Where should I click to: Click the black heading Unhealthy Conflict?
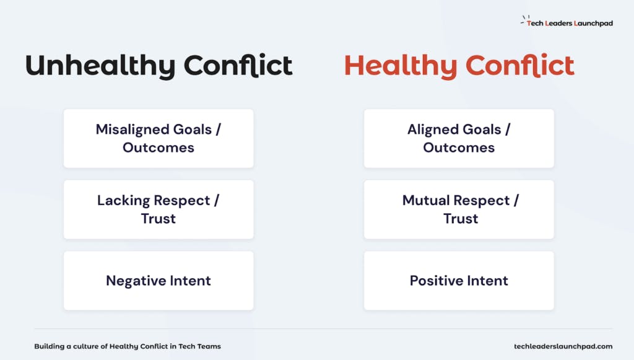[x=159, y=66]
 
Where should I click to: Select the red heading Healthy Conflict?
[x=459, y=66]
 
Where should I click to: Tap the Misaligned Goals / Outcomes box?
[x=158, y=138]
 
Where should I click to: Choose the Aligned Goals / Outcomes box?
[x=459, y=138]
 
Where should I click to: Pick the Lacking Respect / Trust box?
[x=158, y=209]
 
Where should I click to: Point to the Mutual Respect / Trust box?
[x=459, y=209]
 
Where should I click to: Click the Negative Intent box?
[x=158, y=281]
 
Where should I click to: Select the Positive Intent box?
[x=459, y=281]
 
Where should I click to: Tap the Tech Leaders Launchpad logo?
[x=567, y=22]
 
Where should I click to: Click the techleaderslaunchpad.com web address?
[x=563, y=346]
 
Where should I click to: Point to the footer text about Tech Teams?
[x=128, y=346]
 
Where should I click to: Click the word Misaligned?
[x=132, y=130]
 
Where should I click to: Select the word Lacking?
[x=123, y=201]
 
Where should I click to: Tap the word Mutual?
[x=425, y=200]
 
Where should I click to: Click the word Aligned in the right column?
[x=433, y=130]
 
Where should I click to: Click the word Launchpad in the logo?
[x=594, y=24]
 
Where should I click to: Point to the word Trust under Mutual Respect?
[x=461, y=219]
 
